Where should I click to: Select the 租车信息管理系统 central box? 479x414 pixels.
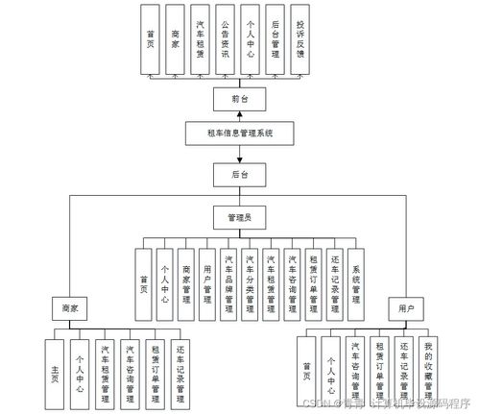click(233, 134)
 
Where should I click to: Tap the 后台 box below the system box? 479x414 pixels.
click(239, 176)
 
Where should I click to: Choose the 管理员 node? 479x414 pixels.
click(239, 218)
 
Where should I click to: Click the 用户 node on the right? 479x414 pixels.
click(406, 308)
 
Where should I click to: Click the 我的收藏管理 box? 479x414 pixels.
click(428, 371)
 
